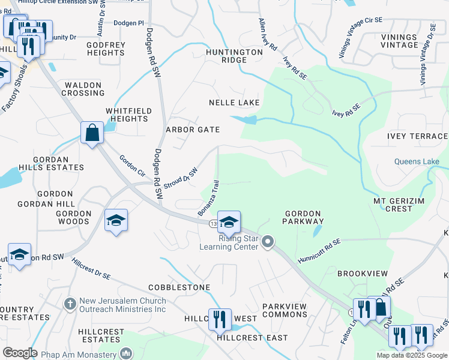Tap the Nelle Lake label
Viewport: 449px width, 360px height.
(x=234, y=103)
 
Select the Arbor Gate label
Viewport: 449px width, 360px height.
(x=193, y=130)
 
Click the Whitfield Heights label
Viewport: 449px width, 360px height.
(x=127, y=115)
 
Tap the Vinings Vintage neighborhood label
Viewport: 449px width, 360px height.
(x=399, y=41)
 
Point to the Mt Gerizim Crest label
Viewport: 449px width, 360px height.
(x=394, y=205)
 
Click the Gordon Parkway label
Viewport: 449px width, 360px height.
(x=304, y=217)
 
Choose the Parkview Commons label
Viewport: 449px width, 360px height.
(x=285, y=310)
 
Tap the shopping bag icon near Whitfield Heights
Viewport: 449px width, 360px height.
(x=92, y=132)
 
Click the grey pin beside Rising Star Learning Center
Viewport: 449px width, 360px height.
(x=268, y=242)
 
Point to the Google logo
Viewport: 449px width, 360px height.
(x=20, y=353)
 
